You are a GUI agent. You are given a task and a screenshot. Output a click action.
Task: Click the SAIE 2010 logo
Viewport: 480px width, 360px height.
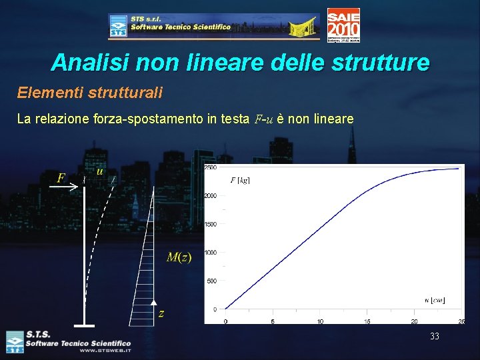click(343, 25)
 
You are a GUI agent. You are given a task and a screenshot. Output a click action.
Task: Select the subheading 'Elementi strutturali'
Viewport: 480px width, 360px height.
click(90, 92)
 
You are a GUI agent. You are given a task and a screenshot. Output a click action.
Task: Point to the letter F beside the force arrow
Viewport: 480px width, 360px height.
click(61, 178)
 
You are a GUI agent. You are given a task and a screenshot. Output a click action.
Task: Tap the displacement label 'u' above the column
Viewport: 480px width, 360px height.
click(99, 171)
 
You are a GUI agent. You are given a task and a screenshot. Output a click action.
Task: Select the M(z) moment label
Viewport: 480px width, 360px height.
click(178, 257)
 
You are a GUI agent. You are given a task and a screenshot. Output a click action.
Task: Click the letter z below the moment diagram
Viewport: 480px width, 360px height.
click(161, 313)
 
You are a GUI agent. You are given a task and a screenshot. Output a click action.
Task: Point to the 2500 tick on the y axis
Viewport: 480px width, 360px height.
click(209, 167)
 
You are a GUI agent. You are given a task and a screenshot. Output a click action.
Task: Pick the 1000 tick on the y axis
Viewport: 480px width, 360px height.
click(209, 253)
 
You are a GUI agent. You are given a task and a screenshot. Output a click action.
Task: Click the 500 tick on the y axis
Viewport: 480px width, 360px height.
click(211, 281)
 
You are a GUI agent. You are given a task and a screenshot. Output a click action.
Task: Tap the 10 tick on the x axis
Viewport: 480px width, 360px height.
click(320, 321)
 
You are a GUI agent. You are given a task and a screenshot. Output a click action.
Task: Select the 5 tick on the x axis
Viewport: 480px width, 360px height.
click(273, 321)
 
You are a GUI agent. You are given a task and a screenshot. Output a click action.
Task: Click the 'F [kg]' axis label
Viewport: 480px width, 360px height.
click(240, 180)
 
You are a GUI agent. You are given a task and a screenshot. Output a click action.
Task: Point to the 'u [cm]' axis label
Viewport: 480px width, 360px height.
click(435, 300)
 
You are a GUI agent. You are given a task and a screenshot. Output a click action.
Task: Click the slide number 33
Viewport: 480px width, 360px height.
click(435, 337)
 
